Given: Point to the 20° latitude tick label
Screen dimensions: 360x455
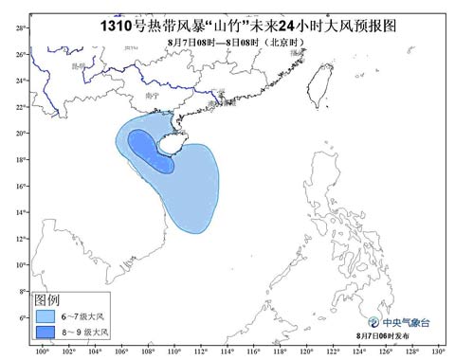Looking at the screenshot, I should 20,133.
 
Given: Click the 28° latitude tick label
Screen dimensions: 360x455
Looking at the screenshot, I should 20,28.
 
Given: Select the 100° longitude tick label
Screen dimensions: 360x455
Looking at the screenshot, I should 41,351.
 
